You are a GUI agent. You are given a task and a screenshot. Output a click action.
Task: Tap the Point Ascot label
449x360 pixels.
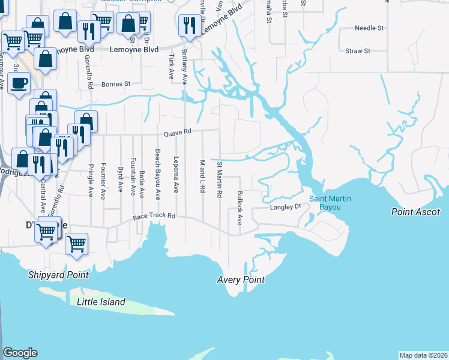tap(415, 212)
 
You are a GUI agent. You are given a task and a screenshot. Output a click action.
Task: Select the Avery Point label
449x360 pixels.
tap(240, 280)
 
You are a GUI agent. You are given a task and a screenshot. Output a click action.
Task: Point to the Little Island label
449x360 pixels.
tap(101, 302)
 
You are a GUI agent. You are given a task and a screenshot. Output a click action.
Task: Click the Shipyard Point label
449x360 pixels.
tap(58, 275)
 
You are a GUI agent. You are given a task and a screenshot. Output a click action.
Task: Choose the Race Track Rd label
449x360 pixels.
tap(154, 215)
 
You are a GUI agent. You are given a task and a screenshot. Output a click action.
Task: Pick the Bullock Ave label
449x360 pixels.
tap(240, 208)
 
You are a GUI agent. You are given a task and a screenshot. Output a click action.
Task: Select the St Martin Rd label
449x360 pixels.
tap(220, 179)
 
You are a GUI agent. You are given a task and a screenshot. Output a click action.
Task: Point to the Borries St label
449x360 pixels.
tap(116, 84)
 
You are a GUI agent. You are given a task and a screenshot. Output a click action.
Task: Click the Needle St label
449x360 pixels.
tap(369, 28)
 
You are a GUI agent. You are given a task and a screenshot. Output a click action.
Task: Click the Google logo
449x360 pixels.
tap(20, 353)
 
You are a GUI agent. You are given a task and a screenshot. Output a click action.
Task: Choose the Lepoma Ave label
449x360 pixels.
tap(176, 175)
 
